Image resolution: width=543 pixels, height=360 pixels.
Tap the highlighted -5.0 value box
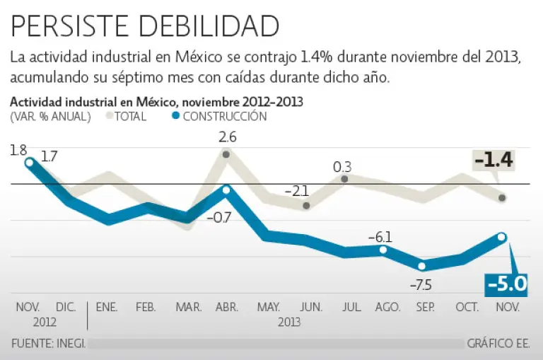[506, 284]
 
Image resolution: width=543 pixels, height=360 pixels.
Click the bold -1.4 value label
[494, 161]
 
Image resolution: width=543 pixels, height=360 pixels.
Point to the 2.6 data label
[227, 137]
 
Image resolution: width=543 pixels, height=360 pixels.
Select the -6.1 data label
[380, 237]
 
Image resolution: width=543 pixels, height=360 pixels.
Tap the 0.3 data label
[343, 167]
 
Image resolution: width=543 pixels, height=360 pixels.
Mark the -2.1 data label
[297, 191]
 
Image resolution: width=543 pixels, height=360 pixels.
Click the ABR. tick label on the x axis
[226, 308]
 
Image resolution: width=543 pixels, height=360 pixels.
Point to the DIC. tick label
[66, 308]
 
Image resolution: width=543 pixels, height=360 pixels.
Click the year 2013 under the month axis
[288, 322]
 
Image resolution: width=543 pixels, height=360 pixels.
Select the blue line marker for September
[422, 266]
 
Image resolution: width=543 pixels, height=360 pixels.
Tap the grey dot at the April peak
[226, 154]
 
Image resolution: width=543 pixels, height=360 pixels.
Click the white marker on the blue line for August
[383, 250]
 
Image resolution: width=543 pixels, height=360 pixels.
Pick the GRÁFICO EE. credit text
[498, 344]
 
